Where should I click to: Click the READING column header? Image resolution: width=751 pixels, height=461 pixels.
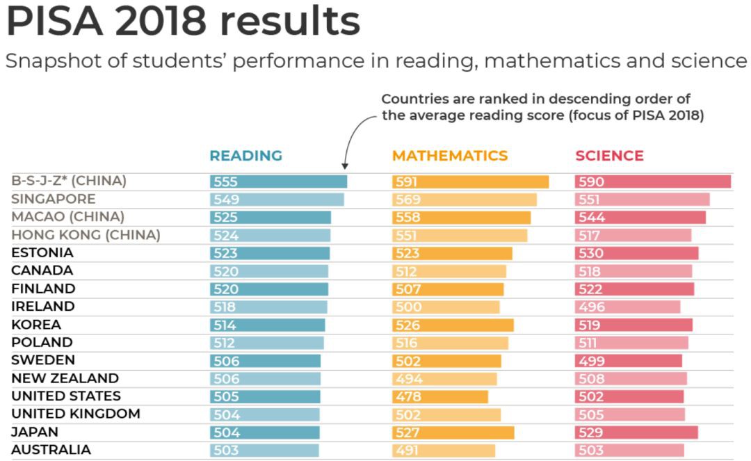click(x=246, y=156)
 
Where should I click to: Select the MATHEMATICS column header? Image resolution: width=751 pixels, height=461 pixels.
click(x=450, y=156)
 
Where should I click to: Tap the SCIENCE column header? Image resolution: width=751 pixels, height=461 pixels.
click(x=609, y=156)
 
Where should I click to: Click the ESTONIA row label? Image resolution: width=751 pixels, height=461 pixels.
click(x=42, y=253)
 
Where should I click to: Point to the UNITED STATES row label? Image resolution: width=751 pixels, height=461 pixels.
click(x=66, y=396)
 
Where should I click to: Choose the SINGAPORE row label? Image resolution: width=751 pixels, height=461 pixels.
click(x=54, y=200)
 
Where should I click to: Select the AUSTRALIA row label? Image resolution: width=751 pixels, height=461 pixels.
click(x=51, y=450)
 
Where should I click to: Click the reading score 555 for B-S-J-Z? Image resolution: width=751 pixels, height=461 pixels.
click(x=225, y=182)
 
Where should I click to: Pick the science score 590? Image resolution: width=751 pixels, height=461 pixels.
click(x=591, y=182)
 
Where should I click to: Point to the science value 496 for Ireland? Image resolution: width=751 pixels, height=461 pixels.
click(x=591, y=307)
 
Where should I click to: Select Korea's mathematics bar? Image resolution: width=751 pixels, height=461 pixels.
click(x=453, y=325)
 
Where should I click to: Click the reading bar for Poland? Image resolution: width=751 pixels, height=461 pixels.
click(x=267, y=343)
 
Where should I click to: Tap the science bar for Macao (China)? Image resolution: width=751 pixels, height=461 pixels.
click(x=640, y=218)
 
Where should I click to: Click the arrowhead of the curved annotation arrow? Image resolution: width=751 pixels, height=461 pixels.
click(x=345, y=167)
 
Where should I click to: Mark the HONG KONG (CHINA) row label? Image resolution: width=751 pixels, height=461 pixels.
click(x=86, y=235)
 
